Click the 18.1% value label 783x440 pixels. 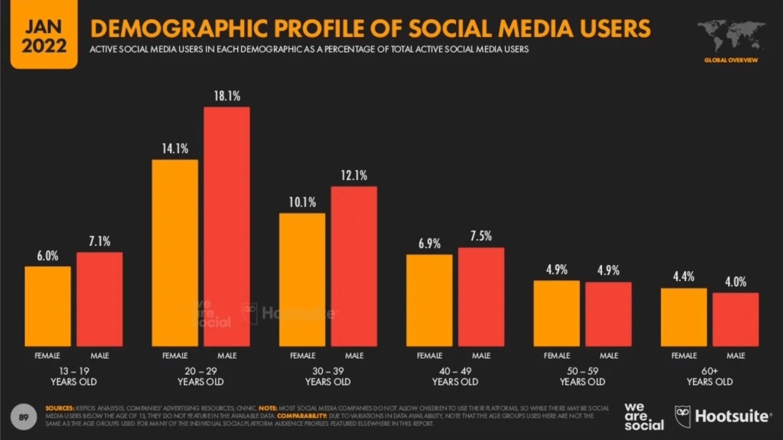[x=227, y=96]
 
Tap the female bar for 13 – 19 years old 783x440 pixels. [x=48, y=306]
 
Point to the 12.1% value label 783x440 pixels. [x=354, y=176]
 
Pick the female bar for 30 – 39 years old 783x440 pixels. [x=302, y=279]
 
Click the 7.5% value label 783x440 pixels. [x=481, y=236]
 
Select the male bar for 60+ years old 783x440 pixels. [x=736, y=319]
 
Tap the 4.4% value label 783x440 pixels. [x=684, y=277]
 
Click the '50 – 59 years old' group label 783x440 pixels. [x=582, y=376]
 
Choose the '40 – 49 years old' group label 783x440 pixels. [x=455, y=376]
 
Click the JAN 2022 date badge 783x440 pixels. [x=44, y=35]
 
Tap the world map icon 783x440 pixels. [x=731, y=36]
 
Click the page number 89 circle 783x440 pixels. [x=24, y=417]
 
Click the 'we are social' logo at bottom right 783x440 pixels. [x=644, y=416]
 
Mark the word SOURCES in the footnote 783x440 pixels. [x=59, y=408]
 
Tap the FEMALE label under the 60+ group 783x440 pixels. [x=684, y=355]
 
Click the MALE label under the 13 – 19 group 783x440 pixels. [x=100, y=355]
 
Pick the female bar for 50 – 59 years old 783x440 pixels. [x=557, y=314]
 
